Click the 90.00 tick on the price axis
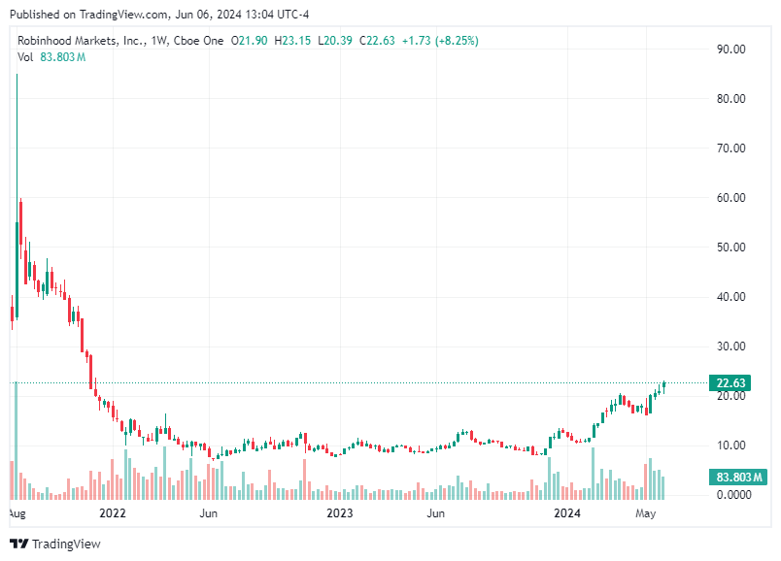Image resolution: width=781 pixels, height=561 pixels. pyautogui.click(x=730, y=49)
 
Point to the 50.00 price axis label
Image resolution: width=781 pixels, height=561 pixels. pyautogui.click(x=730, y=247)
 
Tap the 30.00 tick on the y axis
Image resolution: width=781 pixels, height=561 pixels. pyautogui.click(x=730, y=346)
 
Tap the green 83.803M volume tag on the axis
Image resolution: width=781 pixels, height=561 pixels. pyautogui.click(x=737, y=478)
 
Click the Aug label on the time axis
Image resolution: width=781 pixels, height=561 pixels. pyautogui.click(x=17, y=511)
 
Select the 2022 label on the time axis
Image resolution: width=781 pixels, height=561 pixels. pyautogui.click(x=113, y=511)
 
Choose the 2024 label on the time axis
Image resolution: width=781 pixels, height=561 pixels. pyautogui.click(x=566, y=511)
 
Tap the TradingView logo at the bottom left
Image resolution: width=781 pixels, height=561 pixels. pyautogui.click(x=55, y=544)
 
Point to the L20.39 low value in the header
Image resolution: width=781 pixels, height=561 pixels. pyautogui.click(x=336, y=41)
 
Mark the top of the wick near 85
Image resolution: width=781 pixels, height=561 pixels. pyautogui.click(x=17, y=74)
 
